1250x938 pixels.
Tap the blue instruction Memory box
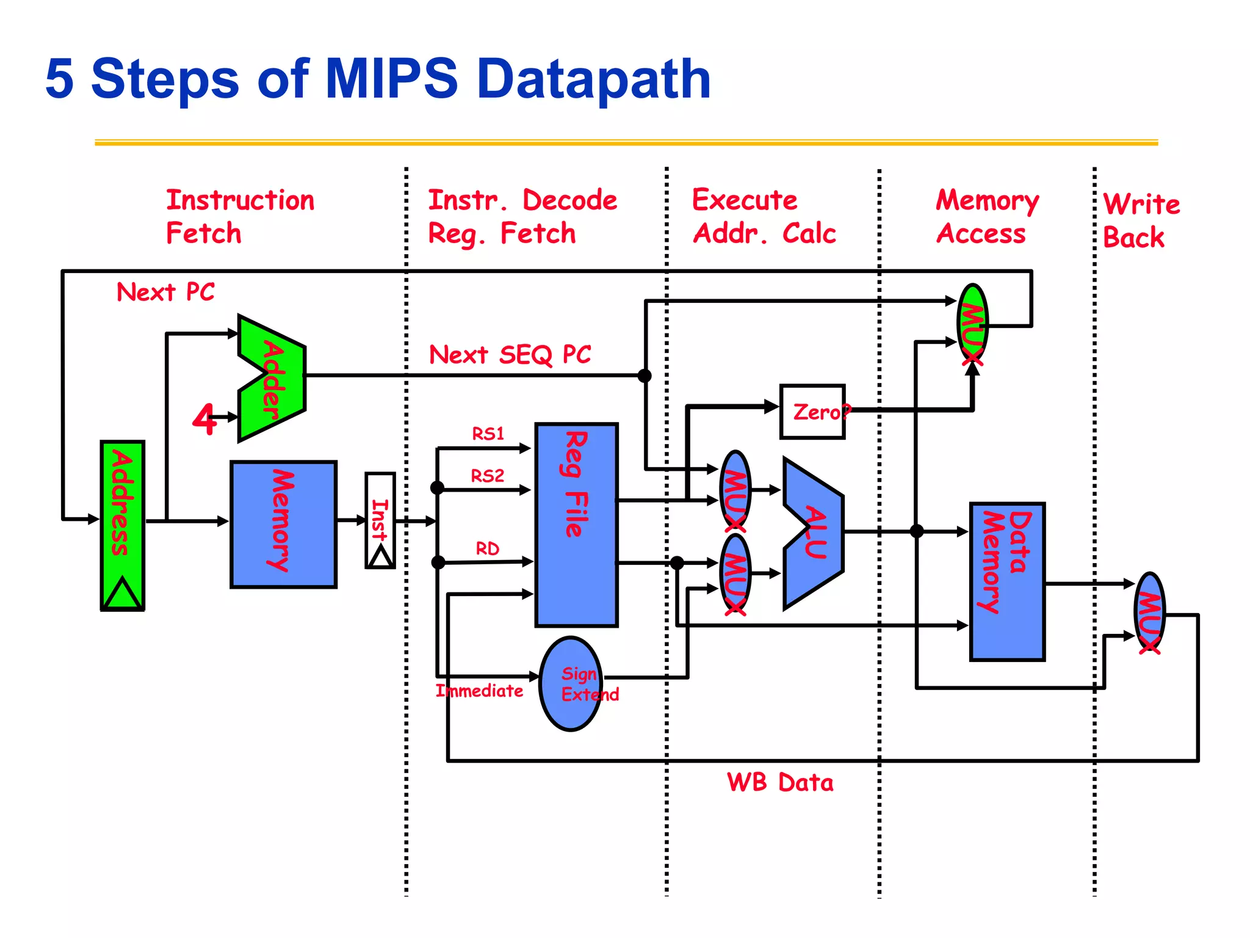click(283, 524)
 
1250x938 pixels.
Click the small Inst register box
click(380, 520)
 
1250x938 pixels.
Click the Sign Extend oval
click(571, 683)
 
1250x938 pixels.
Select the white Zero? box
click(812, 412)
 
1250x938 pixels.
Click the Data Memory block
click(1008, 581)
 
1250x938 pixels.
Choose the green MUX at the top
click(972, 323)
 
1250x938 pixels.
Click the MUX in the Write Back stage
click(1150, 613)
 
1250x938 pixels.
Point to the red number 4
click(205, 419)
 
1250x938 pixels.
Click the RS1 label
click(488, 434)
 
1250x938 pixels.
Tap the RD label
click(488, 548)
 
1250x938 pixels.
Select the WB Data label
click(780, 782)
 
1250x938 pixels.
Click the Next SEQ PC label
click(510, 354)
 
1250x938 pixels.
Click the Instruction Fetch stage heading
click(240, 216)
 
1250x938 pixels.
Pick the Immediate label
click(479, 691)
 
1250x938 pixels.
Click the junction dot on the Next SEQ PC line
click(645, 376)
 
